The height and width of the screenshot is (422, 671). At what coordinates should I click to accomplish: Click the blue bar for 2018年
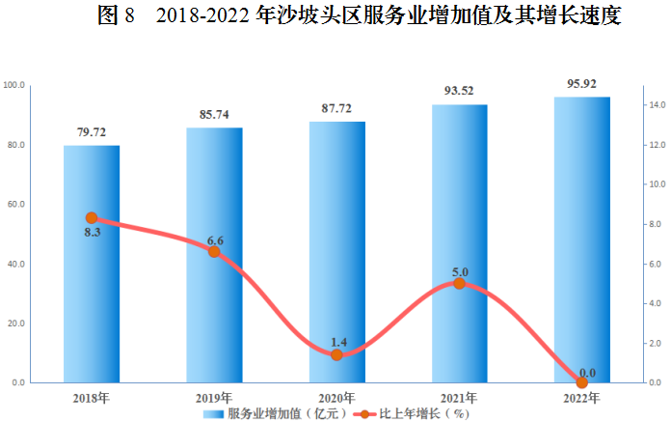tap(92, 264)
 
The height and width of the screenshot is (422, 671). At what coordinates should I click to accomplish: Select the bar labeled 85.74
tap(214, 255)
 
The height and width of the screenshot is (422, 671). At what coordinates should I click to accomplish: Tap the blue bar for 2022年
tap(582, 239)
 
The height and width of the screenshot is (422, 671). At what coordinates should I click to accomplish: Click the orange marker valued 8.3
tap(92, 218)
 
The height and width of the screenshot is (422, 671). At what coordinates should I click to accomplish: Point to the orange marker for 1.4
tap(336, 354)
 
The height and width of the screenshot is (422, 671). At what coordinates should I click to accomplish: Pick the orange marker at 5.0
tap(459, 283)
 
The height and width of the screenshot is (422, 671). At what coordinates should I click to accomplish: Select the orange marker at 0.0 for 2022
tap(582, 382)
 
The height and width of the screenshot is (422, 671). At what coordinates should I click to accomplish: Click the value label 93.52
tap(459, 91)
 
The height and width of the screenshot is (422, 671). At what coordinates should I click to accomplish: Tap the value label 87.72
tap(336, 108)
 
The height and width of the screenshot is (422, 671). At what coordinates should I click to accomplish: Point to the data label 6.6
tap(215, 240)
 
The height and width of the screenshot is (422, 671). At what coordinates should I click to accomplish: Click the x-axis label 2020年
tap(336, 399)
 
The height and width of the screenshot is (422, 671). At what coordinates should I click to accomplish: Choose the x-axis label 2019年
tap(214, 399)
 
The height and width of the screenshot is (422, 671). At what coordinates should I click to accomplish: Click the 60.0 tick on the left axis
tap(16, 205)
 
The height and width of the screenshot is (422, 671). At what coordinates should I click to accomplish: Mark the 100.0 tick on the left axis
tap(14, 85)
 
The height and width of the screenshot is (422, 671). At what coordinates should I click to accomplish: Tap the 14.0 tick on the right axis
tap(658, 105)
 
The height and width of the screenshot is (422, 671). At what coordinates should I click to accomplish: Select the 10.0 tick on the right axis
tap(658, 184)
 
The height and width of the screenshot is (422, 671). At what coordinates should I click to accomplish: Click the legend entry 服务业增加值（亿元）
tap(275, 414)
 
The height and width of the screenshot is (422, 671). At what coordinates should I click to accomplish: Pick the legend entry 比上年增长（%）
tap(412, 414)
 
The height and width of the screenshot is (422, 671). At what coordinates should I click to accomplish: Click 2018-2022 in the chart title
tap(202, 15)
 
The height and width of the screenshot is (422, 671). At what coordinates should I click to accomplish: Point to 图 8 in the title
tap(116, 15)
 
